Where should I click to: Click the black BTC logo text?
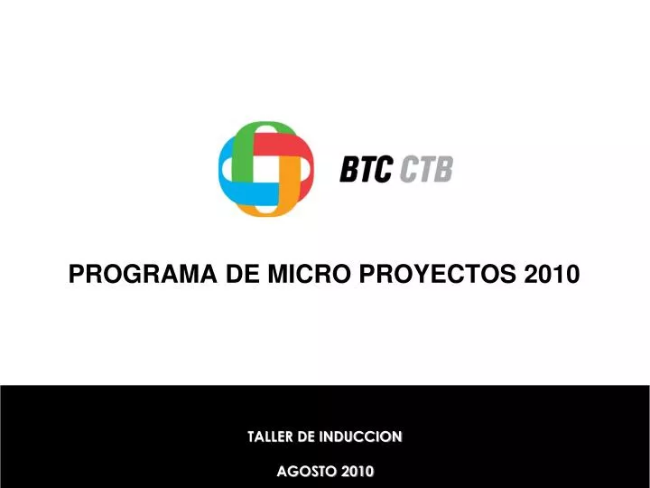point(366,169)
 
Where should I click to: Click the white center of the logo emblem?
point(266,168)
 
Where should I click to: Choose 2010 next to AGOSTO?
point(357,471)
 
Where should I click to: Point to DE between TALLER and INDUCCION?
point(307,437)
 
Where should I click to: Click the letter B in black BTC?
point(349,169)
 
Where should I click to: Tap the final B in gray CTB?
point(442,169)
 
